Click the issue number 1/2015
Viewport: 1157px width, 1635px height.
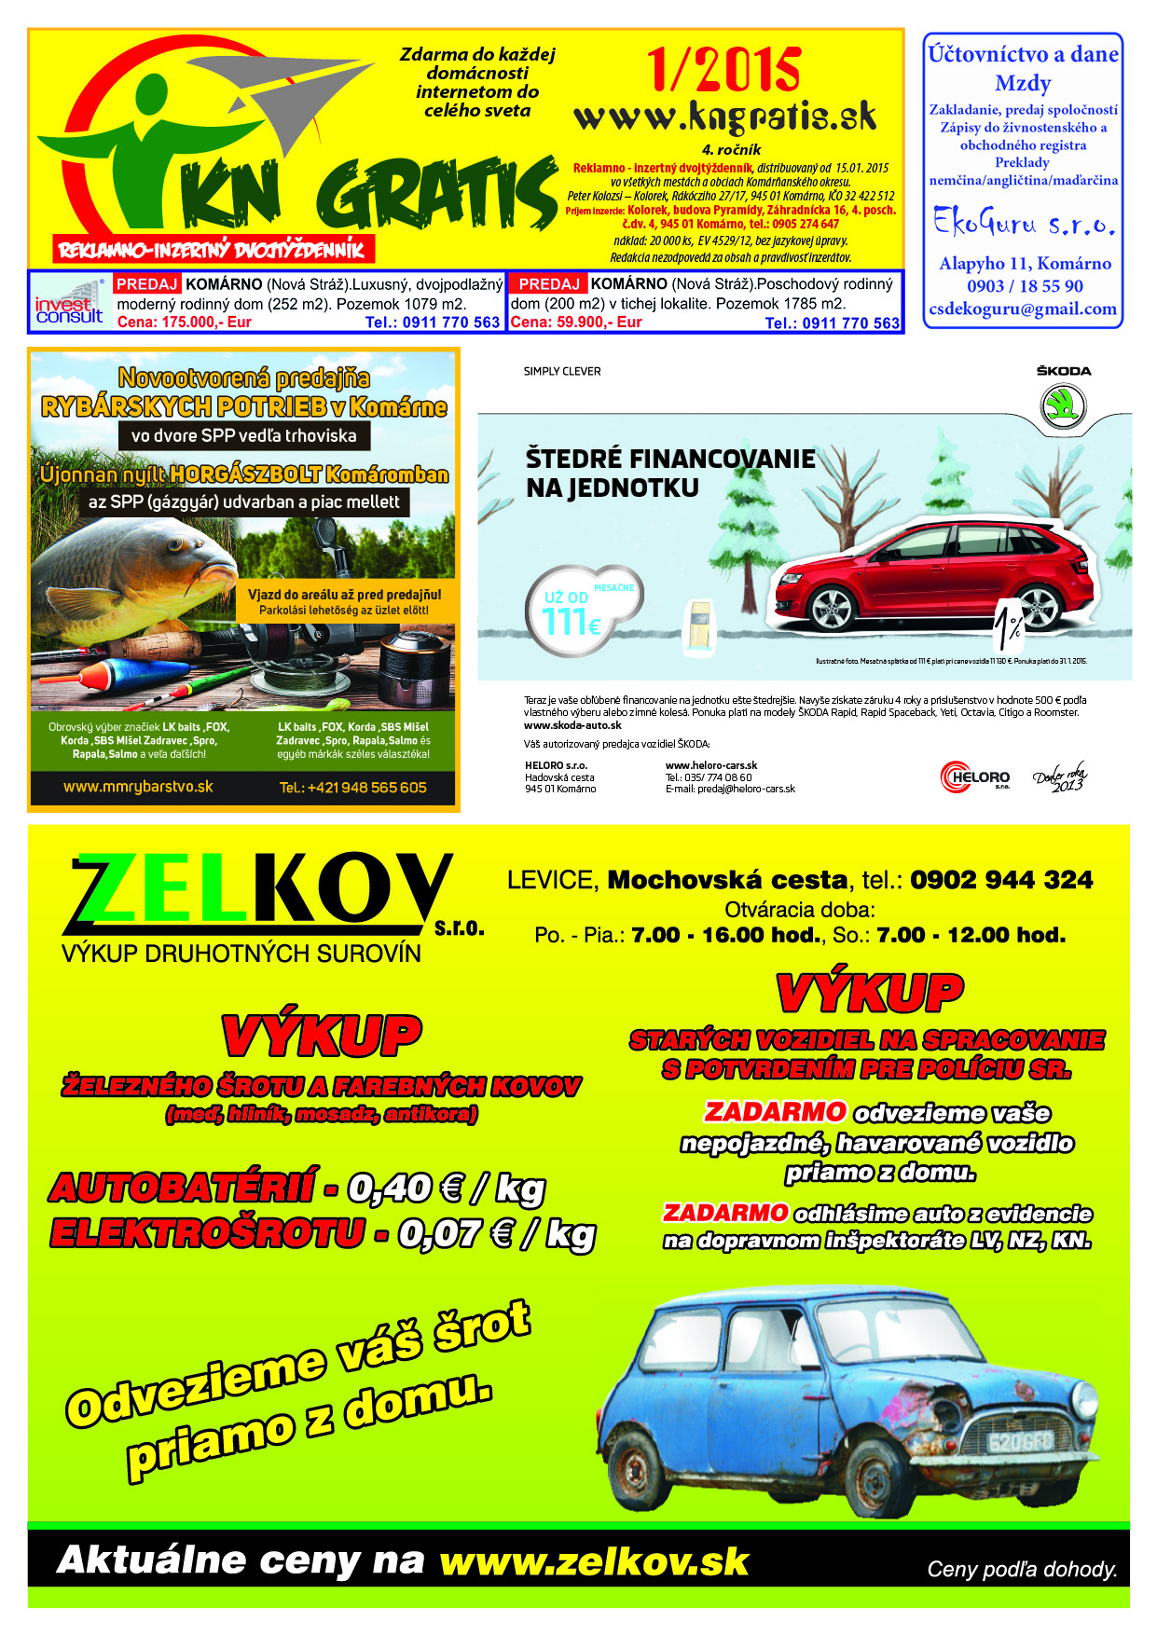click(723, 69)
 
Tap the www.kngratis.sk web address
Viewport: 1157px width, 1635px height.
click(724, 117)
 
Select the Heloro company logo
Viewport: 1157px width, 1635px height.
click(975, 776)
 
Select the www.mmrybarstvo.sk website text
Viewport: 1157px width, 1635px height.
click(138, 787)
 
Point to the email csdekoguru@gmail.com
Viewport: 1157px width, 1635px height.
click(1023, 309)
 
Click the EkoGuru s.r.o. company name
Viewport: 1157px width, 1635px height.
click(1024, 224)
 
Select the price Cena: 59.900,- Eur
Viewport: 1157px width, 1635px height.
click(576, 323)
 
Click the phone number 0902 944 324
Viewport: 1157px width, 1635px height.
click(1000, 880)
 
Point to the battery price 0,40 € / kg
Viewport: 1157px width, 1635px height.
click(446, 1188)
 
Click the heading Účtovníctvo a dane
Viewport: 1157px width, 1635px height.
click(1023, 54)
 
